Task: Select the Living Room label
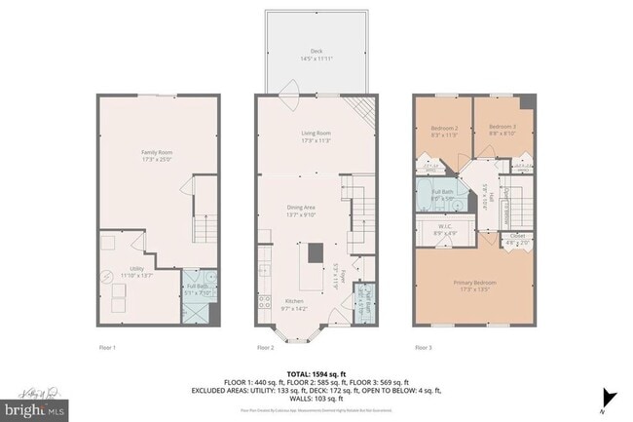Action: tap(316, 136)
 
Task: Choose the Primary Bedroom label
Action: tap(475, 285)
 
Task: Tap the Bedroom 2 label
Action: tap(443, 128)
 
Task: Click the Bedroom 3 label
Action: tap(501, 128)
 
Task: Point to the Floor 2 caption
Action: tap(266, 347)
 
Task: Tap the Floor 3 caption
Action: tap(425, 347)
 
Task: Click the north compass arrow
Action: tap(610, 397)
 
